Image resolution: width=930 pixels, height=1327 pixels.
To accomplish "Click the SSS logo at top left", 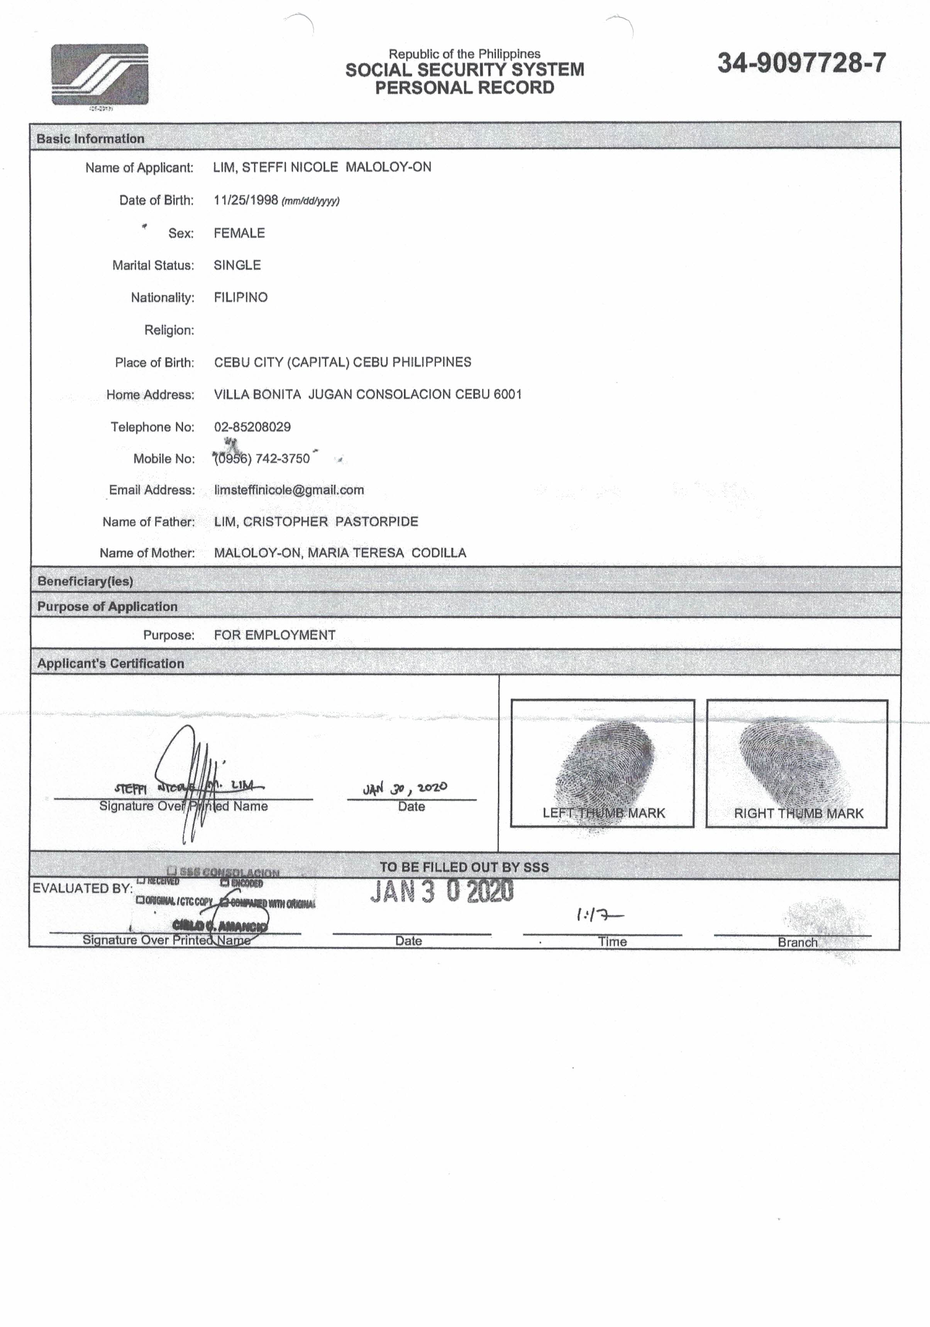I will click(100, 74).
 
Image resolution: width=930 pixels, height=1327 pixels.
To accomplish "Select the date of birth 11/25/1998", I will click(246, 200).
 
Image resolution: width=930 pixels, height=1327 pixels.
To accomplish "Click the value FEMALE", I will click(239, 233).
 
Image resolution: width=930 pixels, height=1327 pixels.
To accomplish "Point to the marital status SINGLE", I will click(237, 265).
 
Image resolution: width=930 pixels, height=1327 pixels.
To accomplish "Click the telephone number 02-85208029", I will click(252, 427).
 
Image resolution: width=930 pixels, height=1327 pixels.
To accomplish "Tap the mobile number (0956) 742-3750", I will click(262, 458).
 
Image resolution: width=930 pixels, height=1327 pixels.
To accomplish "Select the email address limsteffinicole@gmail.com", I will click(289, 490).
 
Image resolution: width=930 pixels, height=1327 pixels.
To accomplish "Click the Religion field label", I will click(169, 330).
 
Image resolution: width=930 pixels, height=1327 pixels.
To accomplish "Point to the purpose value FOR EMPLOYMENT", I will click(274, 635).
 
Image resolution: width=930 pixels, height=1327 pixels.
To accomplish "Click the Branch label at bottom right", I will click(797, 942).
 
